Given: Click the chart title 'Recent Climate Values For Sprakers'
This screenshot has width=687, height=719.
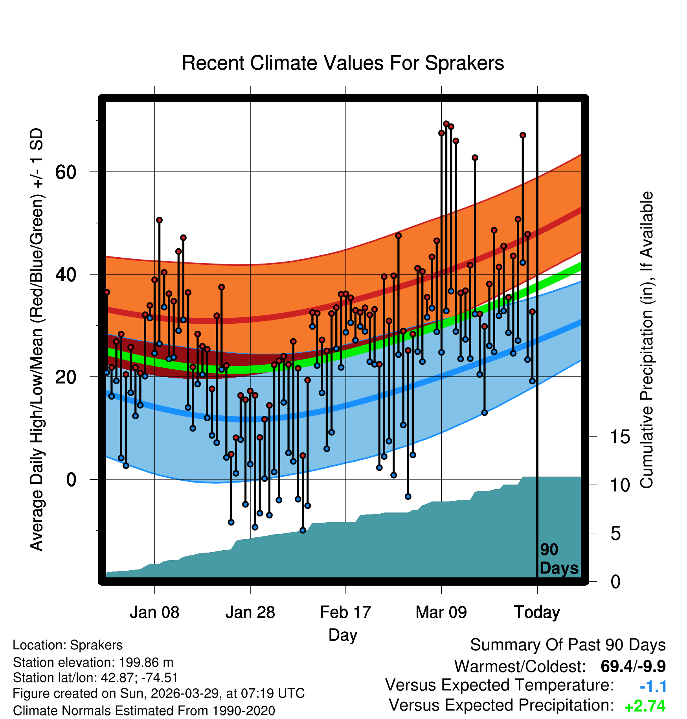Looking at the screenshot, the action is tap(343, 63).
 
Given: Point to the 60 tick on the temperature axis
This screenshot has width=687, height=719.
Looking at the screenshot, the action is tap(66, 172).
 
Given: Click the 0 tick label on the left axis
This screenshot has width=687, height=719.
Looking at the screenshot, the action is tap(71, 479).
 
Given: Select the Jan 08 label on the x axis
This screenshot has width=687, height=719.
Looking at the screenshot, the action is tap(154, 612).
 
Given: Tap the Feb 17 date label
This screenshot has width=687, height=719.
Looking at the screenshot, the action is tap(345, 612).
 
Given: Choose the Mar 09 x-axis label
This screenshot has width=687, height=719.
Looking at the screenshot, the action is tap(441, 612).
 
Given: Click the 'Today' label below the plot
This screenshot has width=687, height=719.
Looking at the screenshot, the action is tap(537, 612).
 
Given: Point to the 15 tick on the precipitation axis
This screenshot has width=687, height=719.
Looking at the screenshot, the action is tap(620, 437).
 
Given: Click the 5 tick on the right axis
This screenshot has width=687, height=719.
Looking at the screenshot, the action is tap(615, 533).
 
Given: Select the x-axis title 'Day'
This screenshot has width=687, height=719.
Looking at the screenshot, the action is tap(343, 635).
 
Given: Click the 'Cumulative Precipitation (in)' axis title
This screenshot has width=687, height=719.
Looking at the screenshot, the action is tap(647, 340).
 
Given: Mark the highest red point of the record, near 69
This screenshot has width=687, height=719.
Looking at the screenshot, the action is tap(446, 124).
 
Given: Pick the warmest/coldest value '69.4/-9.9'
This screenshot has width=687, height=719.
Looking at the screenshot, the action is tap(633, 666).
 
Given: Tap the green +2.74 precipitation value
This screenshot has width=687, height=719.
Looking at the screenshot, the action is tap(645, 706).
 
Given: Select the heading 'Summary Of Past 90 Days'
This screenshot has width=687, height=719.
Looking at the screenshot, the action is tap(568, 645).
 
